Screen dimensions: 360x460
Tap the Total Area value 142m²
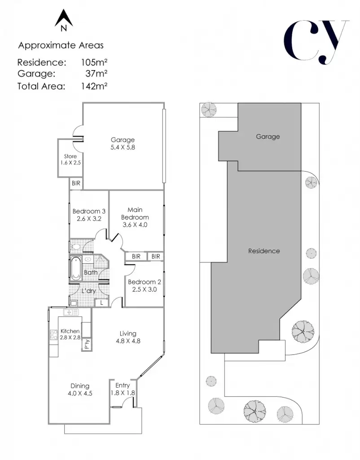pos(93,86)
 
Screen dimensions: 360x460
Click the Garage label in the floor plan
pos(123,140)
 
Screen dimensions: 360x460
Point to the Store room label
pos(70,156)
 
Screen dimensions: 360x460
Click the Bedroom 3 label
pos(89,212)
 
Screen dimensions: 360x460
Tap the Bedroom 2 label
pos(144,282)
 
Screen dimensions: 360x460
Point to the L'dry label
pos(88,291)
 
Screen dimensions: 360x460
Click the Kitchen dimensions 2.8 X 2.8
pos(70,337)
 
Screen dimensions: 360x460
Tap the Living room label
pos(128,333)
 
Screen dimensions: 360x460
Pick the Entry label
pos(123,385)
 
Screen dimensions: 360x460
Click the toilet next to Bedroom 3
pos(75,247)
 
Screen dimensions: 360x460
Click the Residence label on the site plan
pos(264,251)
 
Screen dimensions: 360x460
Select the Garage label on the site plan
pos(268,137)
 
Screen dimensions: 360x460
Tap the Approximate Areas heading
pos(61,45)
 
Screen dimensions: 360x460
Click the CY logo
pos(316,40)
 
